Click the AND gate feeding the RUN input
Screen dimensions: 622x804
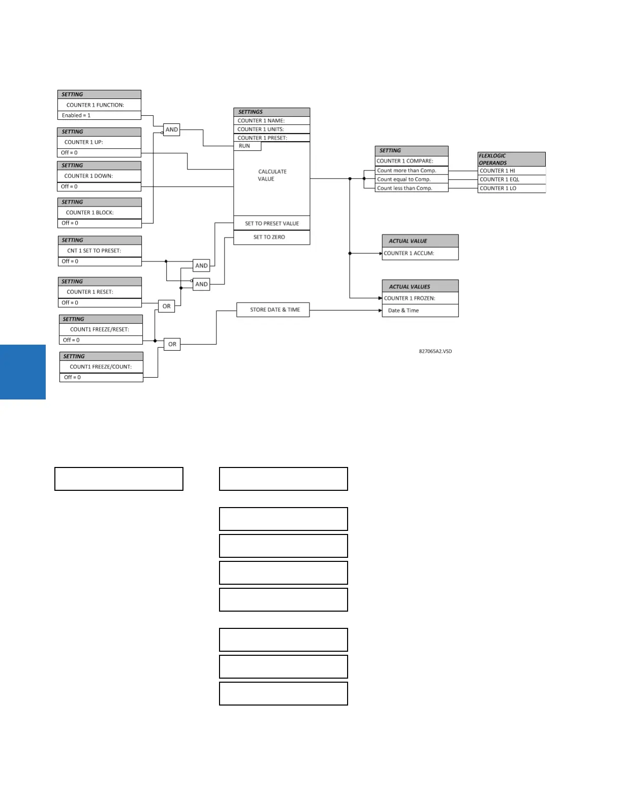pos(172,130)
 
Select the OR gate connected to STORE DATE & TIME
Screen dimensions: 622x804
pos(172,344)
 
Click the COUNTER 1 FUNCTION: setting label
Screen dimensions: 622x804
pos(96,105)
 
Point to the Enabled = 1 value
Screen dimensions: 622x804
pos(76,116)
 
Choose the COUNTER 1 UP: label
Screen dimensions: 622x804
pos(84,142)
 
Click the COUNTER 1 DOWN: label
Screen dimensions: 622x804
pos(89,176)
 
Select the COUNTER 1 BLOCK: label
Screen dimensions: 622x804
pos(90,213)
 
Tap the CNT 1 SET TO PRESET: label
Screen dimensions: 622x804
pos(94,251)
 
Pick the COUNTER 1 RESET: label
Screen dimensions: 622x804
pos(90,292)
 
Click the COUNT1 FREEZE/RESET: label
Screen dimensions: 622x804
pos(100,329)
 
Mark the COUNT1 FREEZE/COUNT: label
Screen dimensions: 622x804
pos(101,366)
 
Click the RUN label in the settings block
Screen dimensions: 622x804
pos(244,146)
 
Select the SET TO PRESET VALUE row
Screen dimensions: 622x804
pos(272,223)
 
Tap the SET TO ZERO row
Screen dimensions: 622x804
pos(269,237)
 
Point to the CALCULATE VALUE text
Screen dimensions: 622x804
pos(272,175)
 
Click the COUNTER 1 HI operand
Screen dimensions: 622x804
pos(497,171)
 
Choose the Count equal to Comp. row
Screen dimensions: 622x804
pos(404,179)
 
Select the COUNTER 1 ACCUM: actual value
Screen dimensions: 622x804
pos(409,253)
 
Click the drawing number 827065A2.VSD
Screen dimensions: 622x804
pos(436,351)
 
